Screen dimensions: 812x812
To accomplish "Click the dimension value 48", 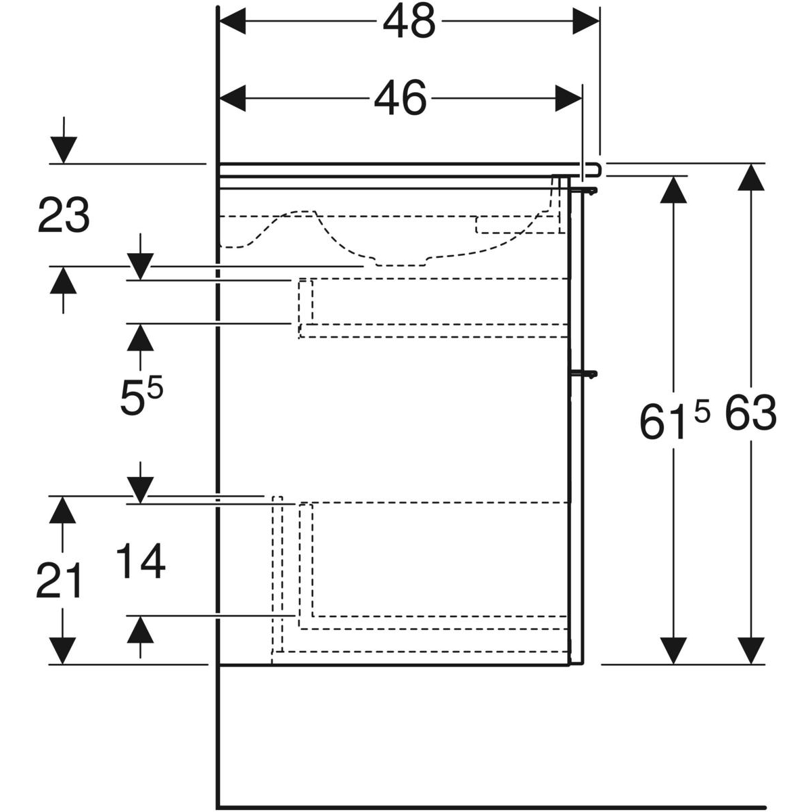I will pos(409,22).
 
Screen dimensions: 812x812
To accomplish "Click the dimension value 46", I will pos(401,99).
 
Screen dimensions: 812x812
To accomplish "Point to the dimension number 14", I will pos(141,562).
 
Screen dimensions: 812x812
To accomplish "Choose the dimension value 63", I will pos(750,414).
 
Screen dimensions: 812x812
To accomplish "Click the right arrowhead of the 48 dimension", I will pos(586,22).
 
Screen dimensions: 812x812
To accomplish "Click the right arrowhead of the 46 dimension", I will pos(568,99).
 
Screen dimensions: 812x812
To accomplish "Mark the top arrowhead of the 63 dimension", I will pos(747,177).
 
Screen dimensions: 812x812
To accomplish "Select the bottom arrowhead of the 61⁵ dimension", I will pos(671,650).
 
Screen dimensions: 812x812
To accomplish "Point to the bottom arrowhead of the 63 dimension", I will pos(747,650).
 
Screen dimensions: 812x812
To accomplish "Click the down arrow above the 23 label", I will pos(63,150).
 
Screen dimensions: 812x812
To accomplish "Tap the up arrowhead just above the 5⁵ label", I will pos(140,337).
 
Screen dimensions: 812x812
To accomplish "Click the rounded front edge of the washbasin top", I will pos(598,168).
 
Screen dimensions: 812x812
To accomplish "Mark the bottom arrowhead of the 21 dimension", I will pos(63,651).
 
